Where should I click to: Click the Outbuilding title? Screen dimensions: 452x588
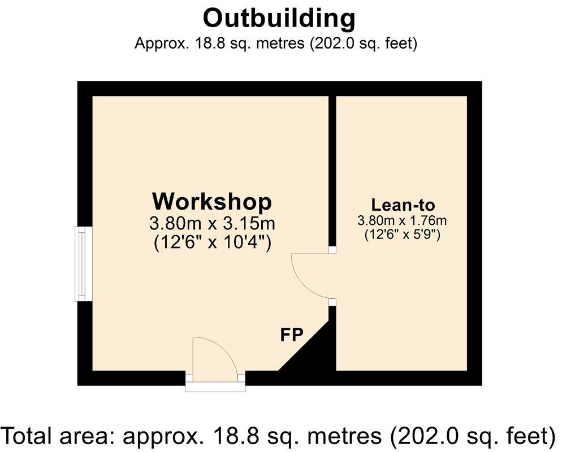279,18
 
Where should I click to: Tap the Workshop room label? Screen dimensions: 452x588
212,201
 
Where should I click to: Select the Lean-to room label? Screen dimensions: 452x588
403,205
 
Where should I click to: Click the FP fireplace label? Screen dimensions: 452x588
292,335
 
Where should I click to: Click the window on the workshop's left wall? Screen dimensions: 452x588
84,264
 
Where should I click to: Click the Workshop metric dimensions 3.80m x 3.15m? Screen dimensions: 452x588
212,223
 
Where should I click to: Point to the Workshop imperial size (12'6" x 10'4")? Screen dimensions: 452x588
212,242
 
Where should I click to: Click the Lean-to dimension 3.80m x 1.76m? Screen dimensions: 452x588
402,220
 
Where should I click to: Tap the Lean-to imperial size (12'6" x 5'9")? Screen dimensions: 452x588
402,233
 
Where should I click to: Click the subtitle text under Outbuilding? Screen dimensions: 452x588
276,44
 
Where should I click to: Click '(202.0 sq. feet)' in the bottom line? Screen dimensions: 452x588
473,436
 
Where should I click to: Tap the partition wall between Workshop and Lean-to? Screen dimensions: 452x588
332,169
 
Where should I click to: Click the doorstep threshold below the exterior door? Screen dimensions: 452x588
215,387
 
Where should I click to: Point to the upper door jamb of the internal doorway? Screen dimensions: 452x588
332,250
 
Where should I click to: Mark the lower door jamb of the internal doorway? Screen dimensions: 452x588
332,302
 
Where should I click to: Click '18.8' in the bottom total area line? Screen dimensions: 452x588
228,436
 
